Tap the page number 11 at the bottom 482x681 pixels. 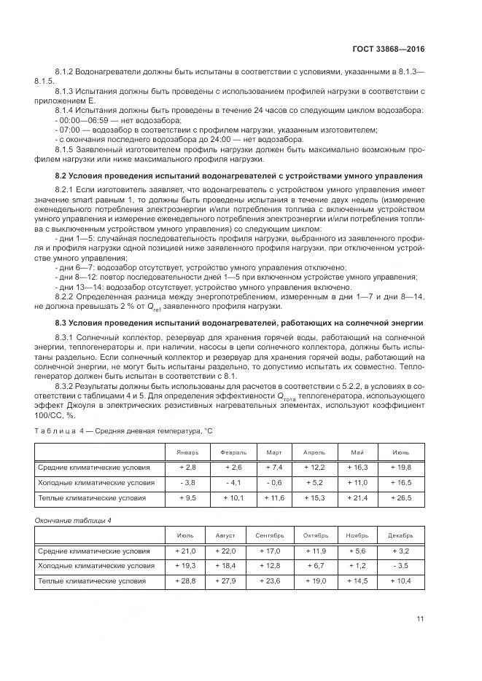point(420,619)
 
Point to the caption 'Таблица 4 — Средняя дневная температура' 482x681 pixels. point(124,431)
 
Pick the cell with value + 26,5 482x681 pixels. point(401,498)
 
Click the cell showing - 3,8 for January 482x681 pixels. point(187,482)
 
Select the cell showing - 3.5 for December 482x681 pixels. point(401,565)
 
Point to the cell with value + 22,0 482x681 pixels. point(225,551)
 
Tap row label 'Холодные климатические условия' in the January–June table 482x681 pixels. point(96,482)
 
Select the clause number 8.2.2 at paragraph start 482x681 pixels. point(66,297)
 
